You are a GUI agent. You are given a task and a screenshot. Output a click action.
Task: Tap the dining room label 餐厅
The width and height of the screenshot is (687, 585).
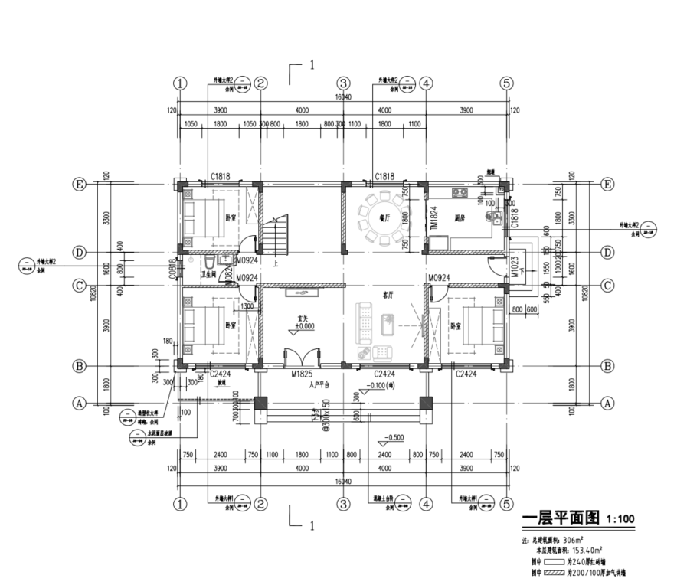(x=384, y=217)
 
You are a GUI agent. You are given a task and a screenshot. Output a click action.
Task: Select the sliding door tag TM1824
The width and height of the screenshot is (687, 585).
(x=433, y=217)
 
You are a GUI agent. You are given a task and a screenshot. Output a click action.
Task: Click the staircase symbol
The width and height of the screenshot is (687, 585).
(x=277, y=234)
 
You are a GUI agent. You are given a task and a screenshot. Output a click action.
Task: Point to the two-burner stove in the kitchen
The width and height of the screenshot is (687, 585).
(x=461, y=192)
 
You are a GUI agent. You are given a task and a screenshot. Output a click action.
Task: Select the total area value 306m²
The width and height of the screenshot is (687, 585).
(x=581, y=540)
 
